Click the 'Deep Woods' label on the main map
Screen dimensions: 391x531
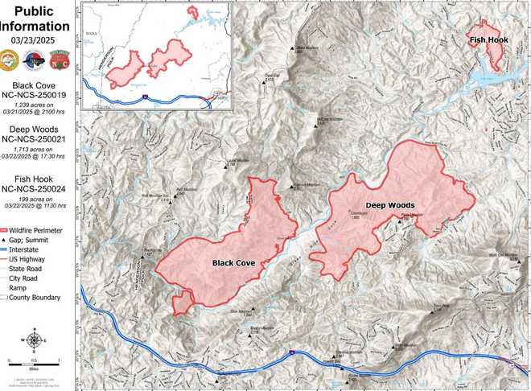point(390,205)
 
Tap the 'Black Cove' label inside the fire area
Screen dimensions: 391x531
point(235,263)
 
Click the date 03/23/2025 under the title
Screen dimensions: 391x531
point(39,37)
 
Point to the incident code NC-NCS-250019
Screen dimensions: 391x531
point(39,96)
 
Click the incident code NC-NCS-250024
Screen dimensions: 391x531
point(39,189)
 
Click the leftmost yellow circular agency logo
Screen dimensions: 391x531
point(12,60)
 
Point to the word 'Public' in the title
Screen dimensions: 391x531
point(39,10)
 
